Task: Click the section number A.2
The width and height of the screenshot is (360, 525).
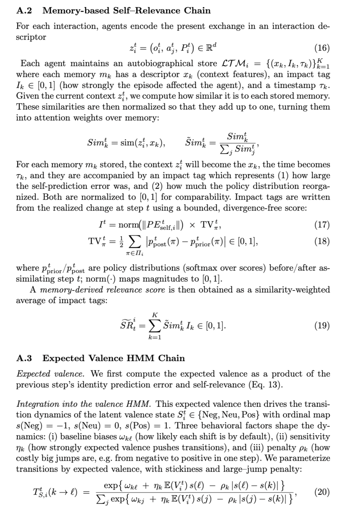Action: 24,11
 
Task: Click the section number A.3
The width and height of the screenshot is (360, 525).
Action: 24,358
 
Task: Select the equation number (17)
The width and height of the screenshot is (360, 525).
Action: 322,225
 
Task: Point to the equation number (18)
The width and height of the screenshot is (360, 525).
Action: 322,241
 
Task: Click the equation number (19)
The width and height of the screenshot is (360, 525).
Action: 322,325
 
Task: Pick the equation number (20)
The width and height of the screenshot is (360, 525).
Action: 322,492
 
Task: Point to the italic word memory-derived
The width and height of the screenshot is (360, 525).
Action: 69,290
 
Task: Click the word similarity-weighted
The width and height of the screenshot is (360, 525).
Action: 292,290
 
